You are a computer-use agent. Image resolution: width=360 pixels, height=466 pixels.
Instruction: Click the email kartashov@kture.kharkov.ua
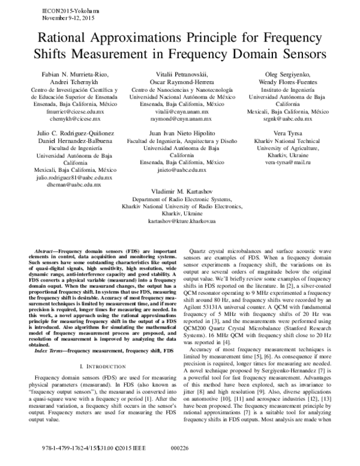click(x=180, y=221)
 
